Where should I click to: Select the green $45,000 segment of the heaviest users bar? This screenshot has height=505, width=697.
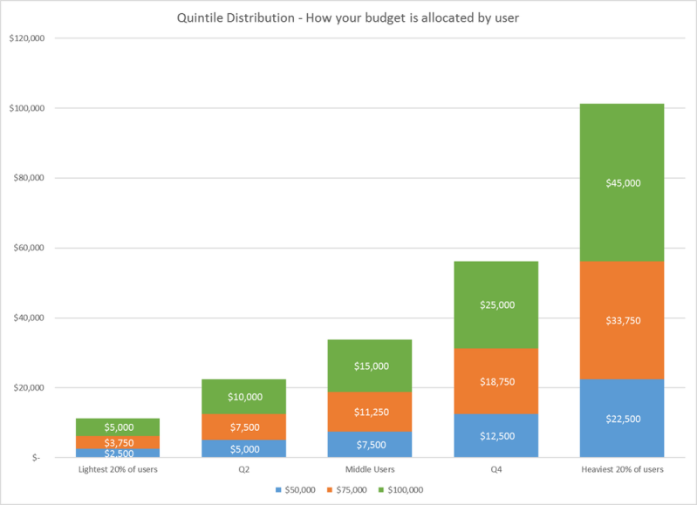(621, 182)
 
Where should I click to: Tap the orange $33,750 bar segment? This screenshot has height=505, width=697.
(621, 320)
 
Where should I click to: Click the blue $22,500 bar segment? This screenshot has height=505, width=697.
(621, 419)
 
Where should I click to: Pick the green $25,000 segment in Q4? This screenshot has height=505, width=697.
(495, 304)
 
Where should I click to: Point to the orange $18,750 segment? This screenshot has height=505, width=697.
(495, 381)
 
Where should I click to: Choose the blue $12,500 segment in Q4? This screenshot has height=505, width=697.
(495, 435)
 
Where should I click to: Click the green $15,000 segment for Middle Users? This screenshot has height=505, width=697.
(370, 365)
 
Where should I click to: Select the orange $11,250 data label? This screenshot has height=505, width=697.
(370, 412)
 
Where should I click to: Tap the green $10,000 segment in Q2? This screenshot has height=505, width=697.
(244, 397)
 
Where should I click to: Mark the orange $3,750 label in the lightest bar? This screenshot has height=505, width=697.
(118, 442)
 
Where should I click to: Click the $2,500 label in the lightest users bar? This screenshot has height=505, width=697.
(118, 454)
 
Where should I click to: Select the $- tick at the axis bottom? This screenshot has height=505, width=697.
(38, 457)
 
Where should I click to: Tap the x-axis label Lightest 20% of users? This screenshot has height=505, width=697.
(118, 470)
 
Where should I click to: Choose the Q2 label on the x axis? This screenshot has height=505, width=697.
(244, 470)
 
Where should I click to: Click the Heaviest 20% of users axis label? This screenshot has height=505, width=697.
(621, 470)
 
